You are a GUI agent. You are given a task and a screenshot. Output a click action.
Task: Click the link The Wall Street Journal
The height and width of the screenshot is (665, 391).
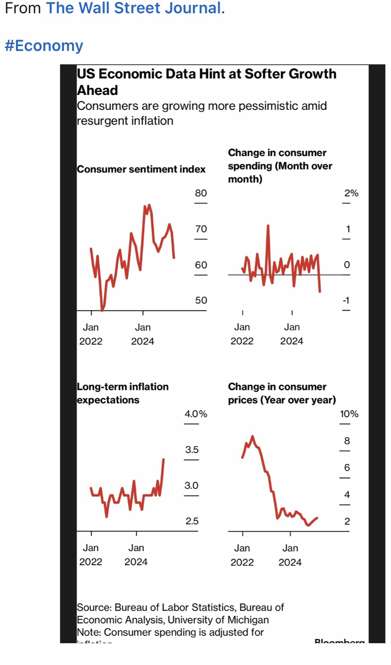point(133,9)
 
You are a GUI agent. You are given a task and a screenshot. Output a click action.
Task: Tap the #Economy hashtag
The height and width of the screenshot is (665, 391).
point(44,46)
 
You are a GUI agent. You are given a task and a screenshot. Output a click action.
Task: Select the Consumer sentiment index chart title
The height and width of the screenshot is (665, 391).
point(141,169)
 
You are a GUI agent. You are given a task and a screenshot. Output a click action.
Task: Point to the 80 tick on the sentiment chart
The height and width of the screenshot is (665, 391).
point(201,193)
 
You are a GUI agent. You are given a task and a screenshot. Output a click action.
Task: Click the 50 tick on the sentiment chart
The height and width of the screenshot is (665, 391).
point(201,300)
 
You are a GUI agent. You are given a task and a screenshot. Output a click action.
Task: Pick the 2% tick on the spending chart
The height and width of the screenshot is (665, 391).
point(351,193)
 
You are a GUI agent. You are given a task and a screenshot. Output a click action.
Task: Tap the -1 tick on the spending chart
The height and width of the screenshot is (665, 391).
point(346,300)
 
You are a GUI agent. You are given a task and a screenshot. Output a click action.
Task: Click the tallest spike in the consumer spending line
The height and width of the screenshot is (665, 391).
point(268,226)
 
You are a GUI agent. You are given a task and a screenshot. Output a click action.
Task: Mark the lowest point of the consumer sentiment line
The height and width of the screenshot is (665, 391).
point(102,310)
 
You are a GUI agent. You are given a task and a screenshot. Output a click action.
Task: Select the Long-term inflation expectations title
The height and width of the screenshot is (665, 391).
point(122,393)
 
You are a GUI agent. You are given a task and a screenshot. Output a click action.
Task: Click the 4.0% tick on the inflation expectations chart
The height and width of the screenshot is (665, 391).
point(195,414)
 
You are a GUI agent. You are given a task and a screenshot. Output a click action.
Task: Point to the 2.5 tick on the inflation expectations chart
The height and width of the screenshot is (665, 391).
point(192,521)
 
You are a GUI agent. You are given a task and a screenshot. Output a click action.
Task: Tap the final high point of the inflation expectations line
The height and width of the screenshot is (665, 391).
point(163,459)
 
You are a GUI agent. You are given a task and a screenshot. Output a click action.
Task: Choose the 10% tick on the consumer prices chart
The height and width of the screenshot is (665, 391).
point(349,414)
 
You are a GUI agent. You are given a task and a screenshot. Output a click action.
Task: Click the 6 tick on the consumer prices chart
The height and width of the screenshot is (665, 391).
point(347,468)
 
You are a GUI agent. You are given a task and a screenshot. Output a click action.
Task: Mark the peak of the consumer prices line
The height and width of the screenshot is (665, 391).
point(253,437)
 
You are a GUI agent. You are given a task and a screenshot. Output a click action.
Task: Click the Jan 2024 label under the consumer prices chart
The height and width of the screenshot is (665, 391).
point(290,555)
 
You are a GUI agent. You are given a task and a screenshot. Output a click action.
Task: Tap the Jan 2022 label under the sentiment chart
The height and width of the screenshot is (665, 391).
point(91,334)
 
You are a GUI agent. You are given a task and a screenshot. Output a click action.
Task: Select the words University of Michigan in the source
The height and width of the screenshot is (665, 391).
point(218,620)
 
